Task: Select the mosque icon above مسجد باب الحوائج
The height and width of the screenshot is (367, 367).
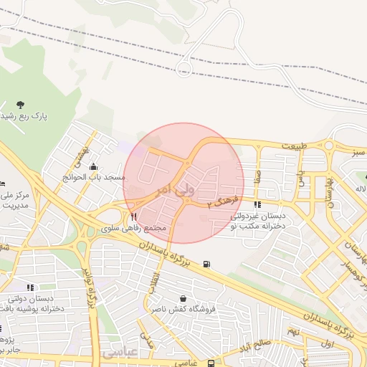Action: click(92, 166)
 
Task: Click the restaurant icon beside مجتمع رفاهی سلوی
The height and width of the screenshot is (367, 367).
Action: click(133, 216)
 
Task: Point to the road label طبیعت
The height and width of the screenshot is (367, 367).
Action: click(294, 146)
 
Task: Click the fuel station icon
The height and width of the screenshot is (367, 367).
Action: click(208, 264)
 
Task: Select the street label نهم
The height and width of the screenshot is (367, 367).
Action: click(292, 332)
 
